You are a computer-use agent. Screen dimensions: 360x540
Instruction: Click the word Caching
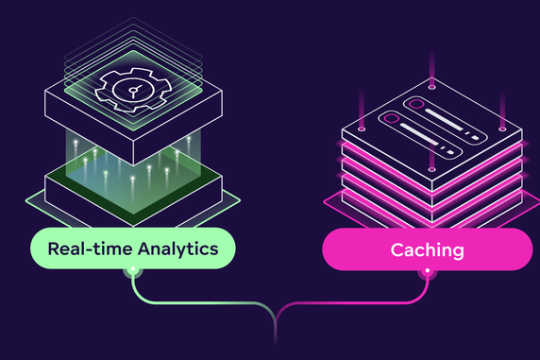[428, 250]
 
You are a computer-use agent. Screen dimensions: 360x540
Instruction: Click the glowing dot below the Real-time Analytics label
[131, 272]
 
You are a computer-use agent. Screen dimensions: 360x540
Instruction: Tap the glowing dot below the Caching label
[428, 272]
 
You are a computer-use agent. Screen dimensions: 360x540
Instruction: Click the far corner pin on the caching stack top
[432, 88]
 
